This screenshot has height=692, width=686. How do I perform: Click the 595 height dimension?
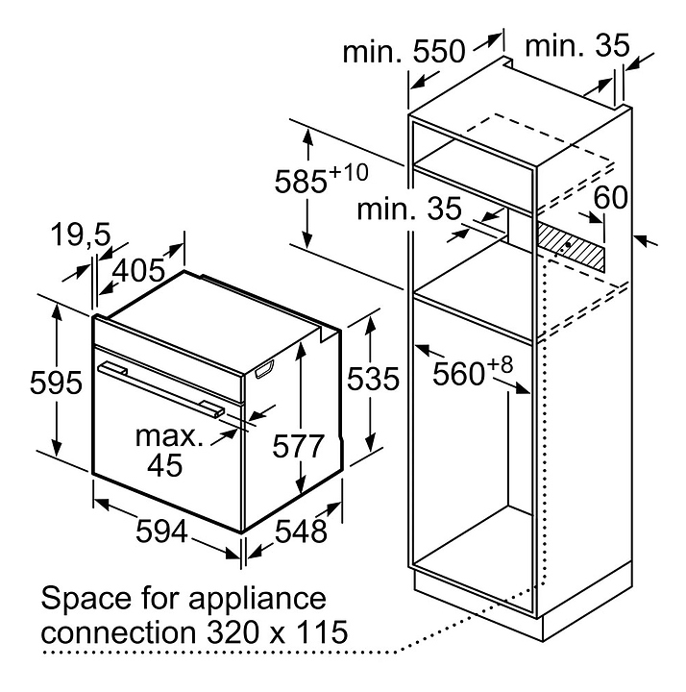(x=56, y=383)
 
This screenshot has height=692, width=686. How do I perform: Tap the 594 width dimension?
(x=162, y=531)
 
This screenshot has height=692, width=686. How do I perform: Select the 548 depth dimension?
(x=301, y=531)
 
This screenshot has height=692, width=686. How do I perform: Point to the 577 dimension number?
(x=298, y=446)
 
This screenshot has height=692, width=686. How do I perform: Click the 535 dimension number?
(x=373, y=379)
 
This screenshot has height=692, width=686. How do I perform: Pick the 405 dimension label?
(x=139, y=270)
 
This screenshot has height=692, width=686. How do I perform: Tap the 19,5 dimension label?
(x=81, y=234)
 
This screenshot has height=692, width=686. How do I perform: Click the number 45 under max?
(x=164, y=464)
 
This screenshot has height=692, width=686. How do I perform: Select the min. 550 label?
(x=404, y=51)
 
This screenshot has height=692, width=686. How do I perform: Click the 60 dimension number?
(x=610, y=197)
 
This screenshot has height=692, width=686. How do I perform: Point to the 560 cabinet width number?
(x=459, y=374)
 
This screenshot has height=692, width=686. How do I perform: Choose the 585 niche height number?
(x=301, y=182)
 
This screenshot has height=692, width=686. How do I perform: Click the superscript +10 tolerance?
(x=349, y=172)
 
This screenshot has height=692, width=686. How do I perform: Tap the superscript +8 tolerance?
(x=501, y=365)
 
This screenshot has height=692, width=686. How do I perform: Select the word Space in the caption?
(x=86, y=600)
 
